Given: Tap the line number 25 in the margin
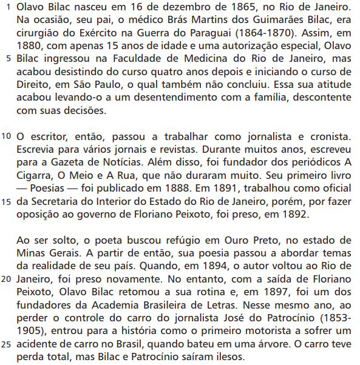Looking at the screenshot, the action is [7, 345].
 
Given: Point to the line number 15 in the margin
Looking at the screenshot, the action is [7, 202].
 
